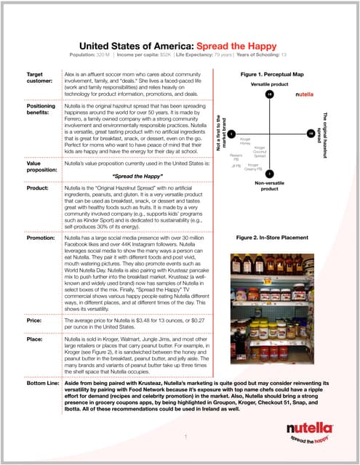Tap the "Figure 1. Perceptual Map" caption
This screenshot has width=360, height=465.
point(273,75)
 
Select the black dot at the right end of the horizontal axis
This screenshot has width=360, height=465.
point(311,134)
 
